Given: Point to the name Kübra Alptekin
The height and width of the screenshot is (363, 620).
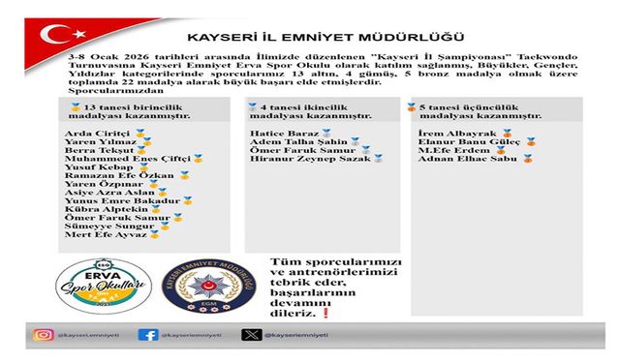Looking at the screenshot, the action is tap(100, 209).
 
